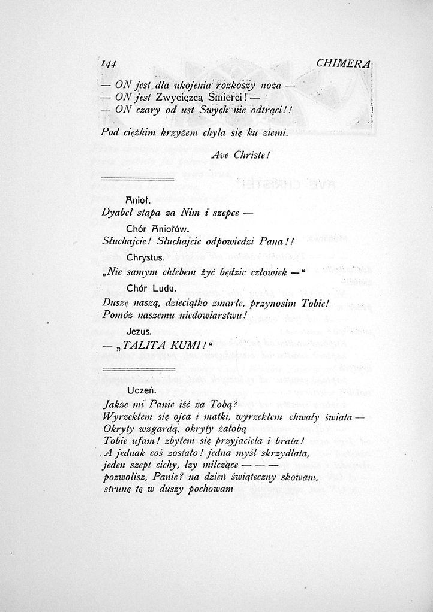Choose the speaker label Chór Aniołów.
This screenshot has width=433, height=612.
coord(158,229)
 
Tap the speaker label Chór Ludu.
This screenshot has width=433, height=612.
coord(150,289)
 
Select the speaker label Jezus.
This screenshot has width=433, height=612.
coord(139,331)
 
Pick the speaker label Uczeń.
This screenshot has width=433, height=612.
coord(140,390)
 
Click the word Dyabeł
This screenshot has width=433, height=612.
coord(118,213)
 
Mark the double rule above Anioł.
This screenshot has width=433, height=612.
coord(137,179)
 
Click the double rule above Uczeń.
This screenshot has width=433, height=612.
coord(137,369)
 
